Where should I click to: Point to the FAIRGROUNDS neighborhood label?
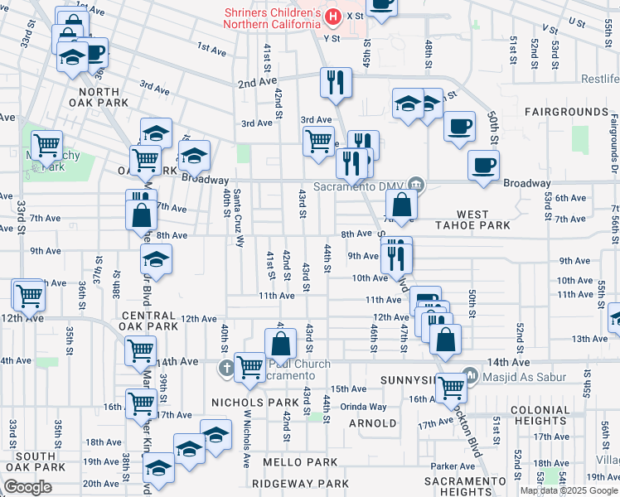point(566,111)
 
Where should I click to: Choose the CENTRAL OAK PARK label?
point(149,321)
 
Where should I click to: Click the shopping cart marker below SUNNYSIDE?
point(452,387)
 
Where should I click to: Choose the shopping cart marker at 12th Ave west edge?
point(29,295)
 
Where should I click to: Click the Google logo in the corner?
point(27,487)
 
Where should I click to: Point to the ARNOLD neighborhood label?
point(372,422)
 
